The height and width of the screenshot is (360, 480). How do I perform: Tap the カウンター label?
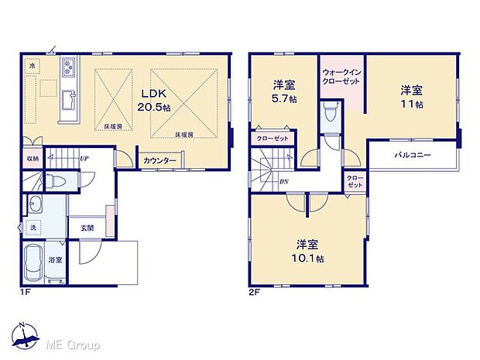pos(159,161)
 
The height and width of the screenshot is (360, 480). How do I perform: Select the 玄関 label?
pos(87,228)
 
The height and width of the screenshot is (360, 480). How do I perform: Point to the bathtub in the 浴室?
pos(36,266)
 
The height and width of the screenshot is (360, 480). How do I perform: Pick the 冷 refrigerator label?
pos(33,67)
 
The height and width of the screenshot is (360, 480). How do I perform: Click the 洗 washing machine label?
pos(33,228)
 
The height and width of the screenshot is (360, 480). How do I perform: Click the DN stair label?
pos(284,183)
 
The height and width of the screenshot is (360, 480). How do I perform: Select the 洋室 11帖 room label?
pos(411,95)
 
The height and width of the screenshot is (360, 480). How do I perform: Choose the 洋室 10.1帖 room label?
pos(309,250)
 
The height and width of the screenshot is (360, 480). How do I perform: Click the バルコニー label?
pos(412,156)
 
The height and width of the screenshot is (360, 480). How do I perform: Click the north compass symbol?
pos(26,334)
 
